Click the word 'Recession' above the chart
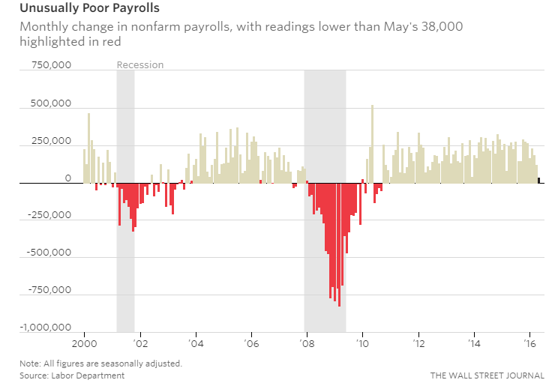pyautogui.click(x=139, y=65)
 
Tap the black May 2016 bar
pyautogui.click(x=540, y=180)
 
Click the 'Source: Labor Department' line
pyautogui.click(x=72, y=375)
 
